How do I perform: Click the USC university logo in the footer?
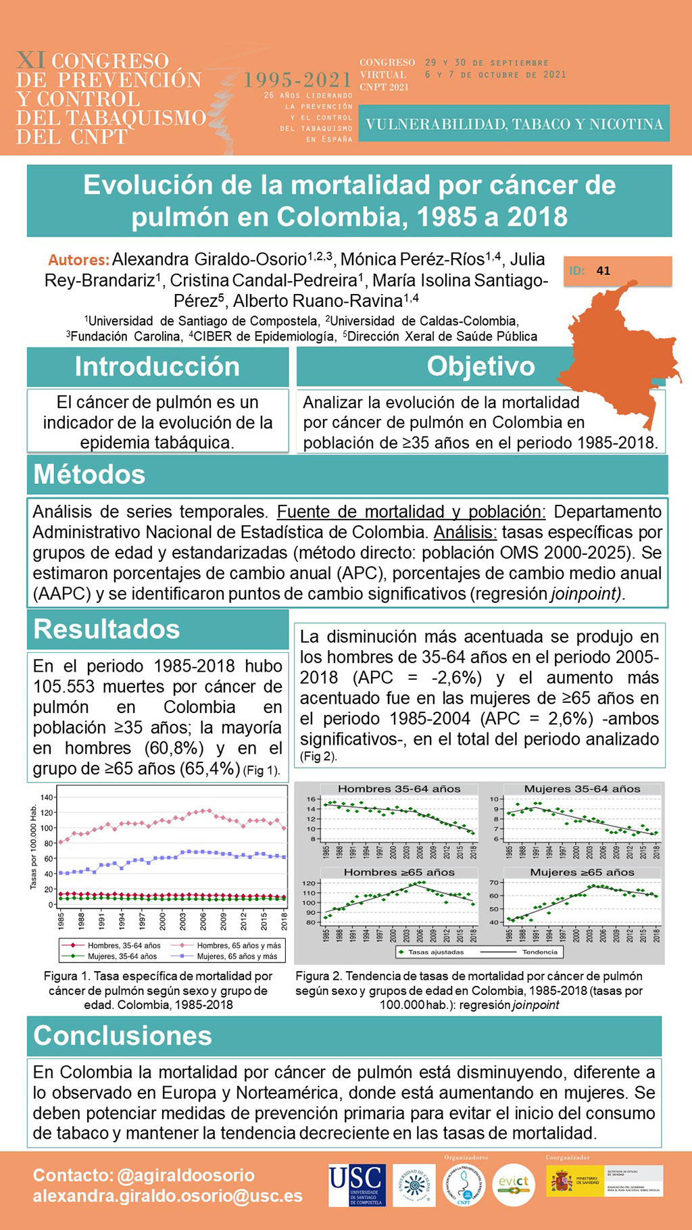click(x=357, y=1185)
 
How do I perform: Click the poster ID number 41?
click(x=603, y=271)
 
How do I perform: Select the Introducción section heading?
click(x=157, y=366)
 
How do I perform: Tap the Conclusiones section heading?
click(x=123, y=1035)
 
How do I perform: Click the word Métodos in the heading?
click(x=89, y=474)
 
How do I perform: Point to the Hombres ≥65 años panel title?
click(x=399, y=872)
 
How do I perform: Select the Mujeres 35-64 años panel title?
click(x=582, y=789)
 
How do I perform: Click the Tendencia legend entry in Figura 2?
click(x=539, y=952)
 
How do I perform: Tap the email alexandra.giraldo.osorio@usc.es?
click(x=168, y=1196)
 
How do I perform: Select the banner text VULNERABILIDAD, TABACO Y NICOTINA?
click(x=514, y=124)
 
